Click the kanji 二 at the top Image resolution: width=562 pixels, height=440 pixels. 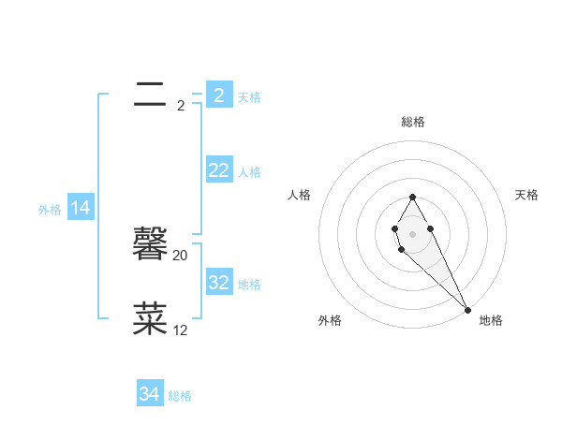point(150,94)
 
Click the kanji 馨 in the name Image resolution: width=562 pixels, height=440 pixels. point(150,246)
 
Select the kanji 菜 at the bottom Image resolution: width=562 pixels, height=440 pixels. point(150,319)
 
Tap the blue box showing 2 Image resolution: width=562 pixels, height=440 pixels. point(218,95)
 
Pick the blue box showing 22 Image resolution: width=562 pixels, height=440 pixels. point(218,170)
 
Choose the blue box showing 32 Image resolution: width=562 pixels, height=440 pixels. point(218,283)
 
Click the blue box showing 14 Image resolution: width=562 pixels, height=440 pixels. point(81,209)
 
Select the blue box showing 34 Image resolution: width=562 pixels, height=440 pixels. point(149,394)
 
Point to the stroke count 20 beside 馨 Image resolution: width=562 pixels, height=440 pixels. point(181,256)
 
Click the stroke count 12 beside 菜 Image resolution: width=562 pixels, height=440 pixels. point(181,330)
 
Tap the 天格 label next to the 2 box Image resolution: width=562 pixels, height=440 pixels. point(249,96)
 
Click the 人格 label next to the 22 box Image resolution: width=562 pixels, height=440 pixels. point(249,172)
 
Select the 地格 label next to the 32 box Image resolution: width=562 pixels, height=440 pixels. point(249,285)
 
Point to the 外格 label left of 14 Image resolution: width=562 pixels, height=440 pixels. point(50,211)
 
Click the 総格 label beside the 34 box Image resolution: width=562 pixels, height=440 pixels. point(180,396)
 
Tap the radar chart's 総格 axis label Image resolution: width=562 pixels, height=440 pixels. point(413,122)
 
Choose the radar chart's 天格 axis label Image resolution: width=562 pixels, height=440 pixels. point(526,195)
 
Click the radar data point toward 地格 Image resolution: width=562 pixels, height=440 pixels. point(467,309)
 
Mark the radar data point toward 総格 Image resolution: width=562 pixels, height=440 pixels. point(412,198)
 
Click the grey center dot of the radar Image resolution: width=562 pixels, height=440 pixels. point(412,233)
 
